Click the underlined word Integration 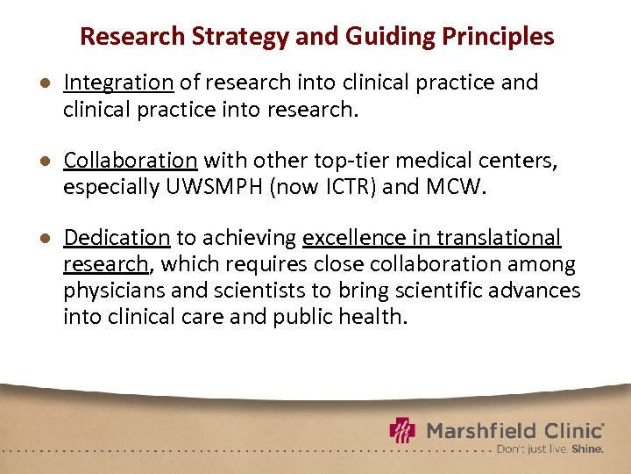pos(118,83)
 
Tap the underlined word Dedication pos(117,238)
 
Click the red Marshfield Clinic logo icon pos(402,431)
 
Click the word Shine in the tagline pos(587,449)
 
